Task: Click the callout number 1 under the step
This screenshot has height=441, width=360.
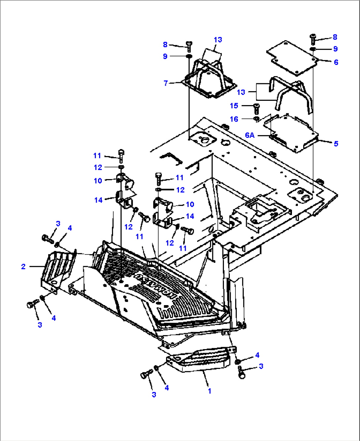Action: tap(209, 391)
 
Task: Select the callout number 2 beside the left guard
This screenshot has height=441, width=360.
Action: tap(23, 266)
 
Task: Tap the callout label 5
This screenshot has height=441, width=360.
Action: tap(336, 144)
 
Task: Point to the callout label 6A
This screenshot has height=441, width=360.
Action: tap(250, 135)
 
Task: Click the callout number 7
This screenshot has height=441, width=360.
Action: tap(166, 83)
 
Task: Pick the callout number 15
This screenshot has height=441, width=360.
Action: tap(234, 106)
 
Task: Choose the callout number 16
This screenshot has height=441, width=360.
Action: tap(234, 119)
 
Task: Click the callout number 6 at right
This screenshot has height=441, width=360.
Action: tap(336, 62)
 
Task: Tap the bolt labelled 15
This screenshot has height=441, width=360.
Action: tap(256, 108)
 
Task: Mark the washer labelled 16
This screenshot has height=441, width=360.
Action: tap(256, 119)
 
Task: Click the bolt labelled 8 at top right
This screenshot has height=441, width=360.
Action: tap(313, 39)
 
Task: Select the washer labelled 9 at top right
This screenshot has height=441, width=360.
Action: tap(312, 50)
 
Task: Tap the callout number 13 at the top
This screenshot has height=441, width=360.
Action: tap(218, 40)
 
